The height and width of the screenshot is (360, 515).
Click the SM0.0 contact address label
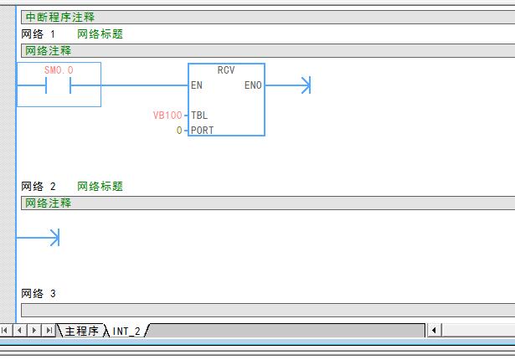coord(59,70)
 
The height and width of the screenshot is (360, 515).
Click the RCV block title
coord(226,70)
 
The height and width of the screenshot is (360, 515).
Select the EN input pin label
coord(197,85)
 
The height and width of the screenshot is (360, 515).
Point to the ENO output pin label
coord(253,85)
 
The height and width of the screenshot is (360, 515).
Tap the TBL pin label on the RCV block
coord(199,116)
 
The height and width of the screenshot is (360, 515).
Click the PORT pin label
coord(203,131)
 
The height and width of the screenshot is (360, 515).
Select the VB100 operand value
coord(167,116)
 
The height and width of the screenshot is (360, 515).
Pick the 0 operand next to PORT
coord(179,131)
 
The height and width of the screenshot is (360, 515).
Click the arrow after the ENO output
coord(288,85)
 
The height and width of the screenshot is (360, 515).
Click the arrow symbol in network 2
coord(38,238)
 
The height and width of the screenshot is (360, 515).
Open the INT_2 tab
coord(126,331)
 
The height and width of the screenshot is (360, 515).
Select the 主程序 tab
coord(81,331)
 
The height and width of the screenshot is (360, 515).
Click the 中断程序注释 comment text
coord(59,17)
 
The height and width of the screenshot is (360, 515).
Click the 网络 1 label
coord(39,33)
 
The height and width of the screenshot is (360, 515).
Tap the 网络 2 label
coord(39,186)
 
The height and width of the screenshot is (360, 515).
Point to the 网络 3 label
coord(39,293)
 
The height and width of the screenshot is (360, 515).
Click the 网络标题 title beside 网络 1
coord(100,33)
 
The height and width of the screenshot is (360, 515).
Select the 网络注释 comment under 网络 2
coord(49,203)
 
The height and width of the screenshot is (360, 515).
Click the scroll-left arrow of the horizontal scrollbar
coord(434,330)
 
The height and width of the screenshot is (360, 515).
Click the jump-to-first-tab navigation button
coord(5,330)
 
